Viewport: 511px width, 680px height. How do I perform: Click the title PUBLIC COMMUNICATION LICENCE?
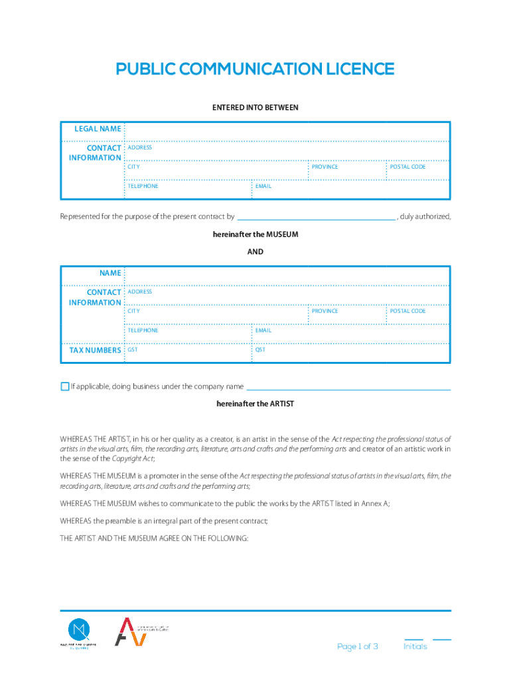(x=255, y=69)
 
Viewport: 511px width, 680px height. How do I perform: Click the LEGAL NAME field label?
(x=97, y=129)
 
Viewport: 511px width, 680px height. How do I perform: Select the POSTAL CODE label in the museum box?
(x=407, y=167)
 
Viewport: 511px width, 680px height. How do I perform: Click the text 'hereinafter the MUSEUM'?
(x=255, y=235)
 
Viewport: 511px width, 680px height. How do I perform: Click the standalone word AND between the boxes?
(x=255, y=252)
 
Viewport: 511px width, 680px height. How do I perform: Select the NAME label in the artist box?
(x=110, y=273)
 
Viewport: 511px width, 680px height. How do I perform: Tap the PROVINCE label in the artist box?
(x=325, y=311)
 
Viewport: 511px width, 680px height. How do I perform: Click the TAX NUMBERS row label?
(x=96, y=350)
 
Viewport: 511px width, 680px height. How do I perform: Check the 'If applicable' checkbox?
(x=64, y=386)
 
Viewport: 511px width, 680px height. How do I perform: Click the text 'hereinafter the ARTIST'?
(x=255, y=404)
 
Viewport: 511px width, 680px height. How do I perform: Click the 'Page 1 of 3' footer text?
(x=357, y=647)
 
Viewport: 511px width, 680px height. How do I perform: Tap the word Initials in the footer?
(x=415, y=647)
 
